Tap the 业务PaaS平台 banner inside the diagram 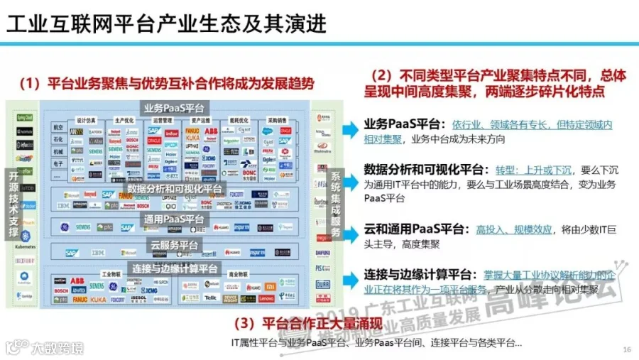coord(174,108)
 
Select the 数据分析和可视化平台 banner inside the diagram coord(174,189)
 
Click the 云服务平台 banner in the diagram coord(174,246)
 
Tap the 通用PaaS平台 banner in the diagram coord(174,219)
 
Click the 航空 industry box coord(58,127)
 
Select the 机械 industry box coord(58,151)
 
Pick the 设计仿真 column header coord(86,120)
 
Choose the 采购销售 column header coord(277,120)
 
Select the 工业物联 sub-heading coord(111,273)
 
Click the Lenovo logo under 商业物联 coord(266,300)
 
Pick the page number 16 coord(626,349)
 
